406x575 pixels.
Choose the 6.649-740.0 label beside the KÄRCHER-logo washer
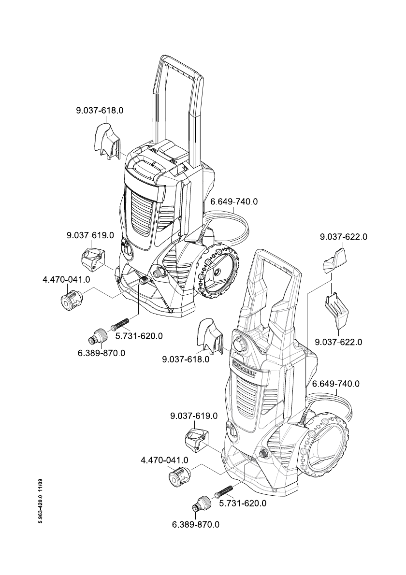point(336,384)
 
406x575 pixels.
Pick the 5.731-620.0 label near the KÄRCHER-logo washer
point(243,503)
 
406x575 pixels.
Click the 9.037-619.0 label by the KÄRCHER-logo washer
point(194,416)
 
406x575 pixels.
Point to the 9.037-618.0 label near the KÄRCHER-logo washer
point(186,359)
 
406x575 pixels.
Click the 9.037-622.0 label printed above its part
point(344,237)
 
